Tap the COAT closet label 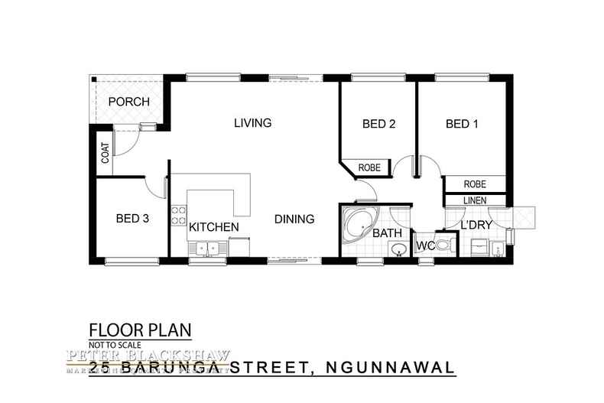pyautogui.click(x=104, y=154)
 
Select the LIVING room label pyautogui.click(x=252, y=122)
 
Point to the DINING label pyautogui.click(x=294, y=219)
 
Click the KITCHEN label pyautogui.click(x=214, y=227)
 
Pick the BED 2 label pyautogui.click(x=378, y=124)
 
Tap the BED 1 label pyautogui.click(x=462, y=124)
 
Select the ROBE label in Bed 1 pyautogui.click(x=475, y=184)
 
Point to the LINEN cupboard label pyautogui.click(x=475, y=200)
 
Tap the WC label pyautogui.click(x=425, y=247)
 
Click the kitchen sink pyautogui.click(x=206, y=248)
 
